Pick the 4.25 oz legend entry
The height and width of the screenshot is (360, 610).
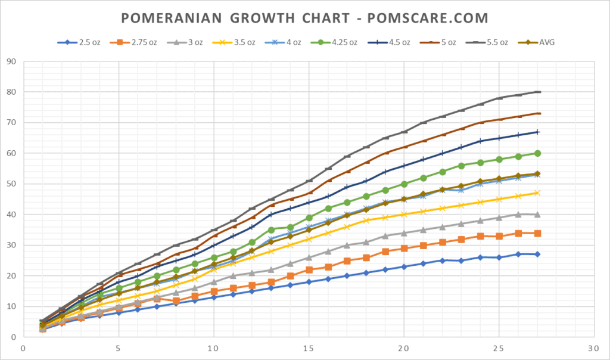[340, 42]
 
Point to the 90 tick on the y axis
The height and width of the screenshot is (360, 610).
[12, 61]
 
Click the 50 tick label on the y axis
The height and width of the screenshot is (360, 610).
[12, 184]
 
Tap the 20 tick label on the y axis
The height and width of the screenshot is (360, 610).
[12, 275]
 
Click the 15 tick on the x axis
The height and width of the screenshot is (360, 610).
[309, 348]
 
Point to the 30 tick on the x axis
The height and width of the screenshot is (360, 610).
[594, 348]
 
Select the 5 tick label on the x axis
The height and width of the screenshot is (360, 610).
[119, 348]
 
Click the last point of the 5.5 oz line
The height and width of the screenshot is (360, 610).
[537, 92]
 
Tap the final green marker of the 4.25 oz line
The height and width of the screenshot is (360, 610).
[537, 153]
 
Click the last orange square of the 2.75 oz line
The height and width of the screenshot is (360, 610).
[537, 233]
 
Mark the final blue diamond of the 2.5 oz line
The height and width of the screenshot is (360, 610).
[537, 254]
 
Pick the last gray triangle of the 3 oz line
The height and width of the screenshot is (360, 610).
[537, 214]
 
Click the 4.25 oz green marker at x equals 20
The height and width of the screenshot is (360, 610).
[404, 184]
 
